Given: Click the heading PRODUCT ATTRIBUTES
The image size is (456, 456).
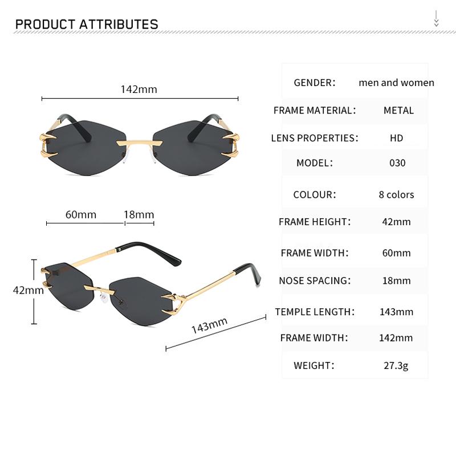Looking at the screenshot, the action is click(x=87, y=24).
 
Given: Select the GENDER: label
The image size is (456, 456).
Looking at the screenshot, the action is click(x=314, y=83).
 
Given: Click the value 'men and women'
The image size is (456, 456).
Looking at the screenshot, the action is click(x=396, y=83).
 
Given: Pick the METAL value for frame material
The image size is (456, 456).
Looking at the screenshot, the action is click(x=398, y=110).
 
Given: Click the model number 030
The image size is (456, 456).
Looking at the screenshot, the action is click(x=397, y=163).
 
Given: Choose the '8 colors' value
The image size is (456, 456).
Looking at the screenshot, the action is click(x=396, y=194).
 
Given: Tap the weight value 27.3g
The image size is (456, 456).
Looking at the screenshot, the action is click(x=396, y=365).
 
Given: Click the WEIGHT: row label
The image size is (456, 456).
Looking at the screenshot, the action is click(x=314, y=365).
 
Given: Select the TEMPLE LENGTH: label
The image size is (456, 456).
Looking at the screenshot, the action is click(x=315, y=312).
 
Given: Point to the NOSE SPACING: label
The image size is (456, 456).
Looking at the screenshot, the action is click(x=315, y=280).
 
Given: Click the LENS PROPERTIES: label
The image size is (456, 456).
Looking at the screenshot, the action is click(x=315, y=138).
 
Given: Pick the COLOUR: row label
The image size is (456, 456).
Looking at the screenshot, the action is click(x=315, y=194).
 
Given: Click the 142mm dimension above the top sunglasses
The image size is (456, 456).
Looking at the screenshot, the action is click(x=139, y=89).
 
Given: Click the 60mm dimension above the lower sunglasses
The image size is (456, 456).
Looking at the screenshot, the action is click(x=81, y=215).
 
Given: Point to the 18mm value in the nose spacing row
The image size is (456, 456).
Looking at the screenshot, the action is click(x=396, y=280).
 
